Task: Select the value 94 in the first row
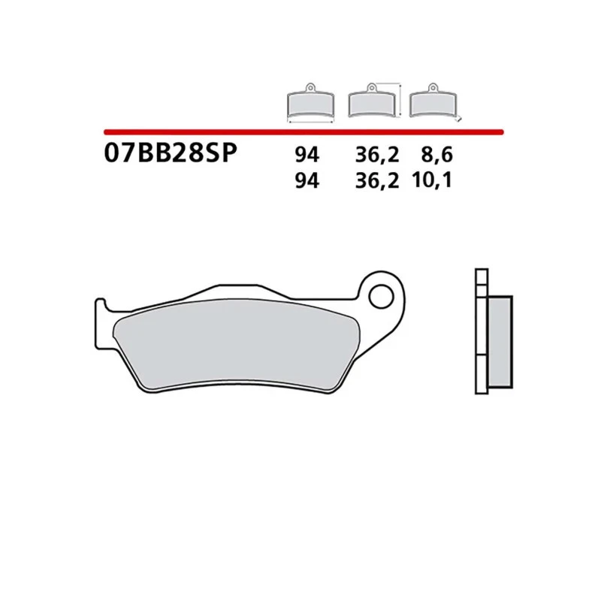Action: coord(307,156)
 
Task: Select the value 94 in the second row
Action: coord(307,180)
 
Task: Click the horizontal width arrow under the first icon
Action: coord(311,120)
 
